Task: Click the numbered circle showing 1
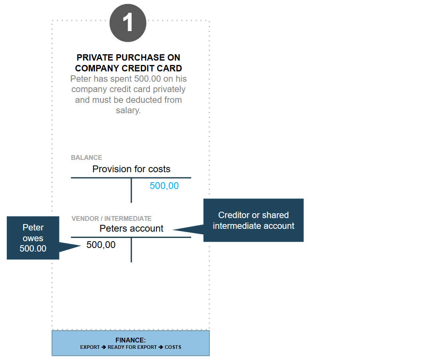point(128,23)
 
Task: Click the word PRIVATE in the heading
point(95,58)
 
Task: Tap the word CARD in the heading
point(169,69)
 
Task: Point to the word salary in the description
point(128,110)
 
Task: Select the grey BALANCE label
point(86,157)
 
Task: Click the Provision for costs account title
point(131,169)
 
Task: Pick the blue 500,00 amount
point(164,186)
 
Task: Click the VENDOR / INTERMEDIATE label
point(111,219)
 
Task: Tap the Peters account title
point(131,228)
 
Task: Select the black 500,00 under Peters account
point(101,245)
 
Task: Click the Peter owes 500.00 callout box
point(33,238)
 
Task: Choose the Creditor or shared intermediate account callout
point(253,220)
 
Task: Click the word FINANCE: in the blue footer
point(130,340)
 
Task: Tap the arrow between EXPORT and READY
point(103,347)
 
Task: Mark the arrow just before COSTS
point(161,347)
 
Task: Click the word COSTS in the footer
point(173,347)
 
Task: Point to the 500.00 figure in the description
point(148,79)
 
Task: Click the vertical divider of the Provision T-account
point(131,191)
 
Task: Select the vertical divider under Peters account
point(131,250)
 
